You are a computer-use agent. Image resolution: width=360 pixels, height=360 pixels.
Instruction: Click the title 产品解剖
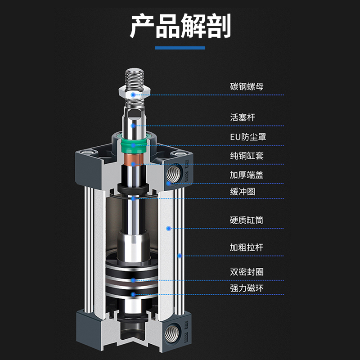[180, 26]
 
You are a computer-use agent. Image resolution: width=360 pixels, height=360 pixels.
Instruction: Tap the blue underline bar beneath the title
[180, 48]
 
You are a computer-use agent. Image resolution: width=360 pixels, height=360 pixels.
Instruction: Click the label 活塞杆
[243, 117]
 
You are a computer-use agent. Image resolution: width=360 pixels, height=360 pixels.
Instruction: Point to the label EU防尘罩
[248, 136]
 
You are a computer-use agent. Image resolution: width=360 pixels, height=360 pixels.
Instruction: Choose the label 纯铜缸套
[246, 156]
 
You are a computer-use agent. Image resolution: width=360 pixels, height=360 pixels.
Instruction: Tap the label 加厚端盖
[246, 175]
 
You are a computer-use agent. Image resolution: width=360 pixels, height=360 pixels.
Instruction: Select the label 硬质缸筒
[246, 220]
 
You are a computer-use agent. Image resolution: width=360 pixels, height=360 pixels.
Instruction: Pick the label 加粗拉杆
[246, 247]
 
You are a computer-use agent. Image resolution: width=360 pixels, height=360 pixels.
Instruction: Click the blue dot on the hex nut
[133, 94]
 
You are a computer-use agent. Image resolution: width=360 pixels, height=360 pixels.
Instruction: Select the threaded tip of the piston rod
[133, 76]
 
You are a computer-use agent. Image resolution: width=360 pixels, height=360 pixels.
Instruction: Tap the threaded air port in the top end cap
[173, 174]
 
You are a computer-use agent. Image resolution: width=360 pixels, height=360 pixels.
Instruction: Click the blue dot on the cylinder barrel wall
[168, 229]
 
